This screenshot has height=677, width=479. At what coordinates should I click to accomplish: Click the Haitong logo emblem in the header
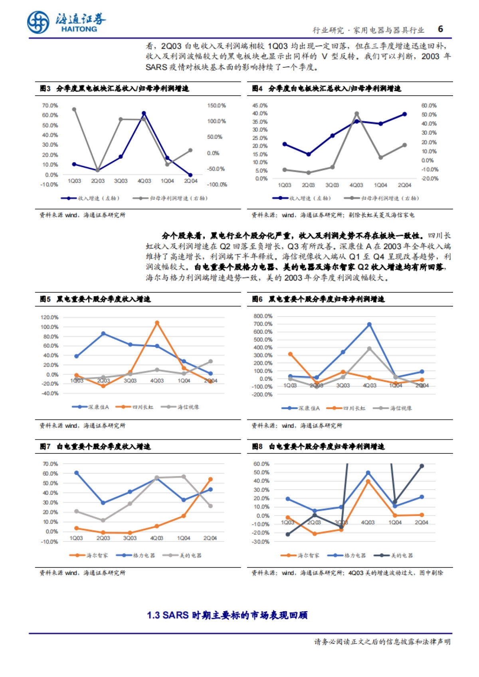(x=38, y=22)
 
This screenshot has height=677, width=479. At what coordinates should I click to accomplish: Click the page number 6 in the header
(x=440, y=29)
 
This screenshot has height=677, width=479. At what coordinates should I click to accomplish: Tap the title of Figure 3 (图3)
(x=115, y=88)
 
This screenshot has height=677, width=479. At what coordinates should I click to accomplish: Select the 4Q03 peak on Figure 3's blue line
(x=144, y=114)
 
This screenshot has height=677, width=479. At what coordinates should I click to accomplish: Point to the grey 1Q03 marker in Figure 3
(x=74, y=109)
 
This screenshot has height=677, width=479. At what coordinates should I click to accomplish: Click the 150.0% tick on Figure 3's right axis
(x=216, y=106)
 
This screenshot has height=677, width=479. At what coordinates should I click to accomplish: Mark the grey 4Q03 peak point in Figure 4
(x=356, y=114)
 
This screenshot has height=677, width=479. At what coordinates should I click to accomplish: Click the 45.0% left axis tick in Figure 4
(x=259, y=106)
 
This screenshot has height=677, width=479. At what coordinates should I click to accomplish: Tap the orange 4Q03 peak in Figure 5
(x=157, y=323)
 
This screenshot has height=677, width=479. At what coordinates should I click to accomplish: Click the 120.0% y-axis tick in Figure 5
(x=49, y=317)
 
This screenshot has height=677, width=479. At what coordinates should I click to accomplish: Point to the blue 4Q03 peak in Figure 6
(x=369, y=325)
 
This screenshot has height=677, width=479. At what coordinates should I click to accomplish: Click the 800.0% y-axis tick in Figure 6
(x=263, y=316)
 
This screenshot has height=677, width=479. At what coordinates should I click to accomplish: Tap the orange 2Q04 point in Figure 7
(x=210, y=480)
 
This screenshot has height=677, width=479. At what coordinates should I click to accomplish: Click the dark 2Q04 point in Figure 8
(x=422, y=466)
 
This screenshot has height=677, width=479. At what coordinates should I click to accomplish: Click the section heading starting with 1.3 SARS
(x=227, y=615)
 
